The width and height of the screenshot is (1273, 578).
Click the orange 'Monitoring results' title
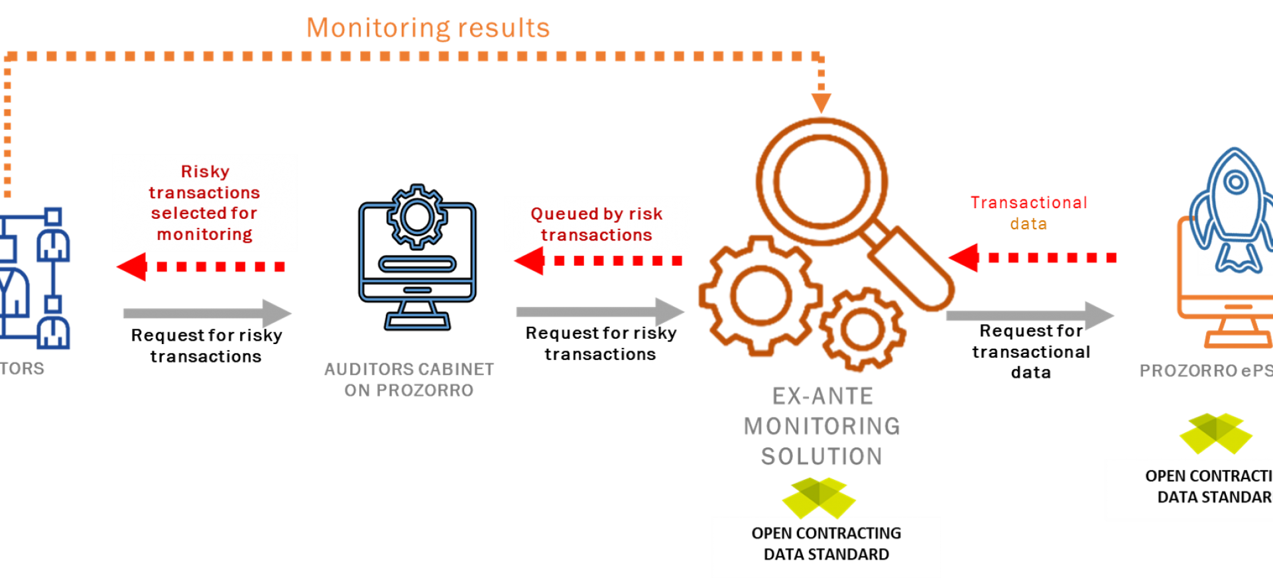pyautogui.click(x=428, y=28)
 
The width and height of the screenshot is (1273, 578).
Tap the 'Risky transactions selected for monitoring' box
pyautogui.click(x=205, y=202)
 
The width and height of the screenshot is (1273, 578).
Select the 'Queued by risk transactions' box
pyautogui.click(x=597, y=223)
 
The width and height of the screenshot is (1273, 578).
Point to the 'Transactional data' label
pyautogui.click(x=1028, y=213)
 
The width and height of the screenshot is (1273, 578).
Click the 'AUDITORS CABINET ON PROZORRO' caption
pyautogui.click(x=409, y=379)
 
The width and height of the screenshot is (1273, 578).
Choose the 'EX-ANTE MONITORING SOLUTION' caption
pyautogui.click(x=822, y=426)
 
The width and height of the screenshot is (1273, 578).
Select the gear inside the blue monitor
pyautogui.click(x=417, y=217)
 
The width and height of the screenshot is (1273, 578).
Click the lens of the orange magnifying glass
pyautogui.click(x=821, y=181)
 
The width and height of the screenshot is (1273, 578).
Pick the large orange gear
pyautogui.click(x=760, y=296)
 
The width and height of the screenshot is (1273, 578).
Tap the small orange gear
pyautogui.click(x=862, y=329)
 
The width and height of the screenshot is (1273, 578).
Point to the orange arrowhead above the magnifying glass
pyautogui.click(x=821, y=103)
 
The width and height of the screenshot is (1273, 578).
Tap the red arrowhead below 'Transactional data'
pyautogui.click(x=963, y=257)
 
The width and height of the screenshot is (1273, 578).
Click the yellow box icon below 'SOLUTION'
pyautogui.click(x=819, y=497)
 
